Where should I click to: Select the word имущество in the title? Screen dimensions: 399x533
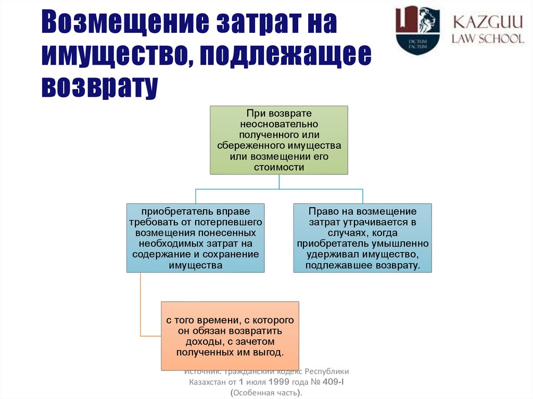pyautogui.click(x=112, y=55)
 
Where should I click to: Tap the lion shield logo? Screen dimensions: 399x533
pyautogui.click(x=417, y=30)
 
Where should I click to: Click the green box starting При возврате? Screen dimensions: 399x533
pyautogui.click(x=278, y=140)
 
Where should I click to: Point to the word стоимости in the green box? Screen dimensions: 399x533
pyautogui.click(x=278, y=168)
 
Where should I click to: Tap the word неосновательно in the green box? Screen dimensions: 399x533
pyautogui.click(x=278, y=124)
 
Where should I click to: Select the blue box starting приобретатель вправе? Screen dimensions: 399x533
pyautogui.click(x=195, y=238)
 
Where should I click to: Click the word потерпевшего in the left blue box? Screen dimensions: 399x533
pyautogui.click(x=232, y=222)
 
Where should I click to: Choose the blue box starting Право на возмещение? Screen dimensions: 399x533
pyautogui.click(x=362, y=238)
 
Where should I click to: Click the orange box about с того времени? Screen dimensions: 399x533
pyautogui.click(x=230, y=336)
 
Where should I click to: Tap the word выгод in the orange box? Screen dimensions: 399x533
pyautogui.click(x=271, y=353)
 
